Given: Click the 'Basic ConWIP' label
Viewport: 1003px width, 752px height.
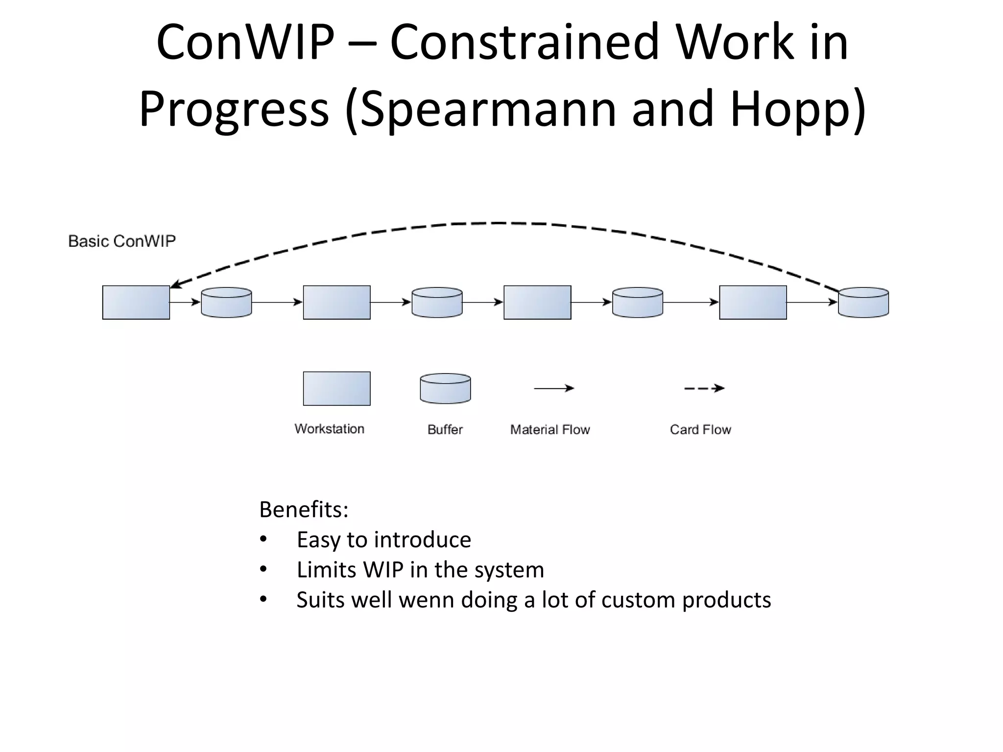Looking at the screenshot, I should point(121,241).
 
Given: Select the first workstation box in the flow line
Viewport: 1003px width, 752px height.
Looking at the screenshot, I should point(136,303).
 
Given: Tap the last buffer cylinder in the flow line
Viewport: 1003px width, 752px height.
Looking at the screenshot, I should point(863,303).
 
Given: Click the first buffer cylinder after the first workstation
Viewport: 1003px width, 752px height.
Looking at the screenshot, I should point(226,303).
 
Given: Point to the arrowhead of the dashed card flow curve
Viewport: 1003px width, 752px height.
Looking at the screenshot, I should point(174,284).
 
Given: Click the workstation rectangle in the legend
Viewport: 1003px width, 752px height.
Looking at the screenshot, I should point(336,389).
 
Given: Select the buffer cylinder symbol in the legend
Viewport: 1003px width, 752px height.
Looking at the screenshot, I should point(445,389).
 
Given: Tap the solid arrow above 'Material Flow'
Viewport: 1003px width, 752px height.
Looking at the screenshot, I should point(553,388).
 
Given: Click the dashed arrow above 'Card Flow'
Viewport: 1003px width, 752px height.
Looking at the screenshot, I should point(704,388).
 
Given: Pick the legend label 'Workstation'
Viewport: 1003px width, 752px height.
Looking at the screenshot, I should point(329,429).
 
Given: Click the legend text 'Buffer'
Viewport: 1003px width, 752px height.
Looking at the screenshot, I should point(445,429).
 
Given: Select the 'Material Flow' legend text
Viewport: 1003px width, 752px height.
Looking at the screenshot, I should point(550,429).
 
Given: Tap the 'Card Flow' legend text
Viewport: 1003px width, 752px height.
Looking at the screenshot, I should point(700,429).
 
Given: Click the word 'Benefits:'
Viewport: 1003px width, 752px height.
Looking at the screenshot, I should point(304,509).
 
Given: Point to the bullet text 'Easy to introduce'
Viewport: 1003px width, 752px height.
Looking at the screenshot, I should point(383,540).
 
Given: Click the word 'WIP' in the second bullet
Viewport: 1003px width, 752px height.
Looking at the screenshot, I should point(383,570).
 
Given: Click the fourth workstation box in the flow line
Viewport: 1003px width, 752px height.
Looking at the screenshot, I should point(753,303).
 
